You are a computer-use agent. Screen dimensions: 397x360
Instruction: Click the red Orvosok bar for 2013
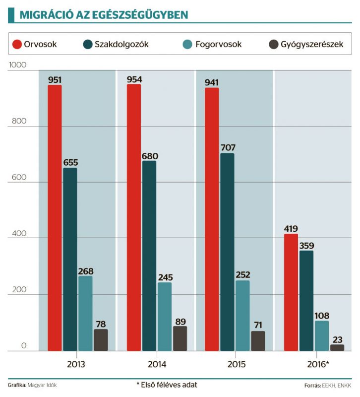click(x=55, y=218)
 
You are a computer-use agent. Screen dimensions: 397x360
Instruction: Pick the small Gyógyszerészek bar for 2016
click(x=337, y=347)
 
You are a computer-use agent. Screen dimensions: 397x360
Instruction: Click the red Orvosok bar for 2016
click(x=291, y=292)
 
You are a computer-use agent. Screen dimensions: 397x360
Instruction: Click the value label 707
click(x=228, y=147)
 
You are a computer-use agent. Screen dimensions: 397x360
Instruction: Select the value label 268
click(x=85, y=271)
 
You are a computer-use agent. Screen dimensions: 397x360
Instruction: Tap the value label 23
click(x=337, y=340)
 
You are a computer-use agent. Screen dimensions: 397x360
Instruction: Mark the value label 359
click(x=306, y=245)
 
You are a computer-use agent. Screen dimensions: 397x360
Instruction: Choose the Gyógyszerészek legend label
click(x=312, y=44)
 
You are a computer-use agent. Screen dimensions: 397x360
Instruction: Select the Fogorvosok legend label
click(x=219, y=44)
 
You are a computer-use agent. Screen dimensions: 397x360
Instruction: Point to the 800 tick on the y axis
click(x=15, y=127)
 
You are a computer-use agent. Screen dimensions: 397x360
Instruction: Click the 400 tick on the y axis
click(x=15, y=239)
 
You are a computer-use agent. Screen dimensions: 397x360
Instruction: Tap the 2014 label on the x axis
click(x=157, y=364)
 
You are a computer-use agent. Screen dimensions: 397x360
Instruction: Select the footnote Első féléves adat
click(x=170, y=385)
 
